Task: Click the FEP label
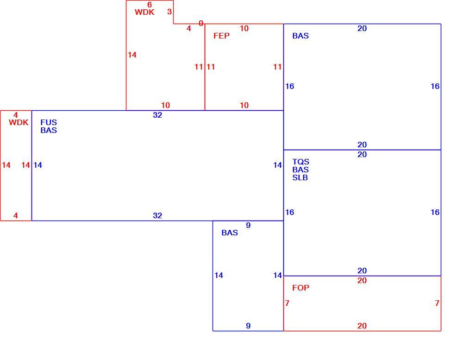point(221,36)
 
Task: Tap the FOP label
point(300,288)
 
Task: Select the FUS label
point(49,122)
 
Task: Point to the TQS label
point(300,162)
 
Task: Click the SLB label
point(300,177)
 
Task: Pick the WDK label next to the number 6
point(144,12)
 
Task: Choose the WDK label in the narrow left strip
point(19,122)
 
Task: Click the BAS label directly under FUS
point(49,130)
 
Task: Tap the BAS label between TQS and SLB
point(300,170)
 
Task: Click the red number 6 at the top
point(150,5)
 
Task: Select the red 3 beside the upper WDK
point(169,12)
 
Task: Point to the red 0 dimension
point(201,23)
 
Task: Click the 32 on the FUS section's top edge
point(157,115)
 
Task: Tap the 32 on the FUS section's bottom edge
point(157,216)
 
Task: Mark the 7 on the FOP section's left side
point(287,303)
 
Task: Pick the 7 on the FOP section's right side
point(437,303)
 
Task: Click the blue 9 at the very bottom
point(248,326)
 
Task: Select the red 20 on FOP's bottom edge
point(362,326)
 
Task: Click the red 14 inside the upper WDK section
point(132,55)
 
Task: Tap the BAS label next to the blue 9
point(230,233)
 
